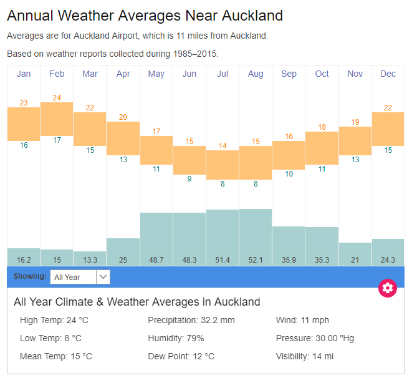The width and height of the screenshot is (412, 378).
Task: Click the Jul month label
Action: tap(223, 74)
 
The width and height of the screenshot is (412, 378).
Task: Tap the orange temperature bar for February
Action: tap(57, 119)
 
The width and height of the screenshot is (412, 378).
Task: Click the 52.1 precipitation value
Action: tap(256, 259)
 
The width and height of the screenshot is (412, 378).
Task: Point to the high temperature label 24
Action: tap(57, 98)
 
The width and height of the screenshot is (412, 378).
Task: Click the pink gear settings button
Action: tap(388, 288)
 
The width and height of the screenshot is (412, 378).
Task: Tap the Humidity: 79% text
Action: tap(176, 338)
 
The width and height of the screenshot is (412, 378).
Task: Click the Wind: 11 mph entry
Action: tap(302, 320)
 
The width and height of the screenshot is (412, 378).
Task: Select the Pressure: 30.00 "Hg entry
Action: tap(315, 338)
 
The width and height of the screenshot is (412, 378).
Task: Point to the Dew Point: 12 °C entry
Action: tap(181, 356)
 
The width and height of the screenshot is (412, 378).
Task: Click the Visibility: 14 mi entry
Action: tap(305, 356)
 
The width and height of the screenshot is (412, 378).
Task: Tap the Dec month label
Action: tap(388, 74)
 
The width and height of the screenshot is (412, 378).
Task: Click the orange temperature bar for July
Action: tap(223, 165)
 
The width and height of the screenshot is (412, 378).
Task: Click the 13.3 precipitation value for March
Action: tap(90, 259)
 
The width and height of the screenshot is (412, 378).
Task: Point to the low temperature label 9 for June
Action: tap(189, 179)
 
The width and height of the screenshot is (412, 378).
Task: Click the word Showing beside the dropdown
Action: tap(31, 276)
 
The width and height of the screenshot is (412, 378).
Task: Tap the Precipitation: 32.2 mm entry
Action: tap(191, 320)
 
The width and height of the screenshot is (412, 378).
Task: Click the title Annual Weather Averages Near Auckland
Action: tap(145, 16)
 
